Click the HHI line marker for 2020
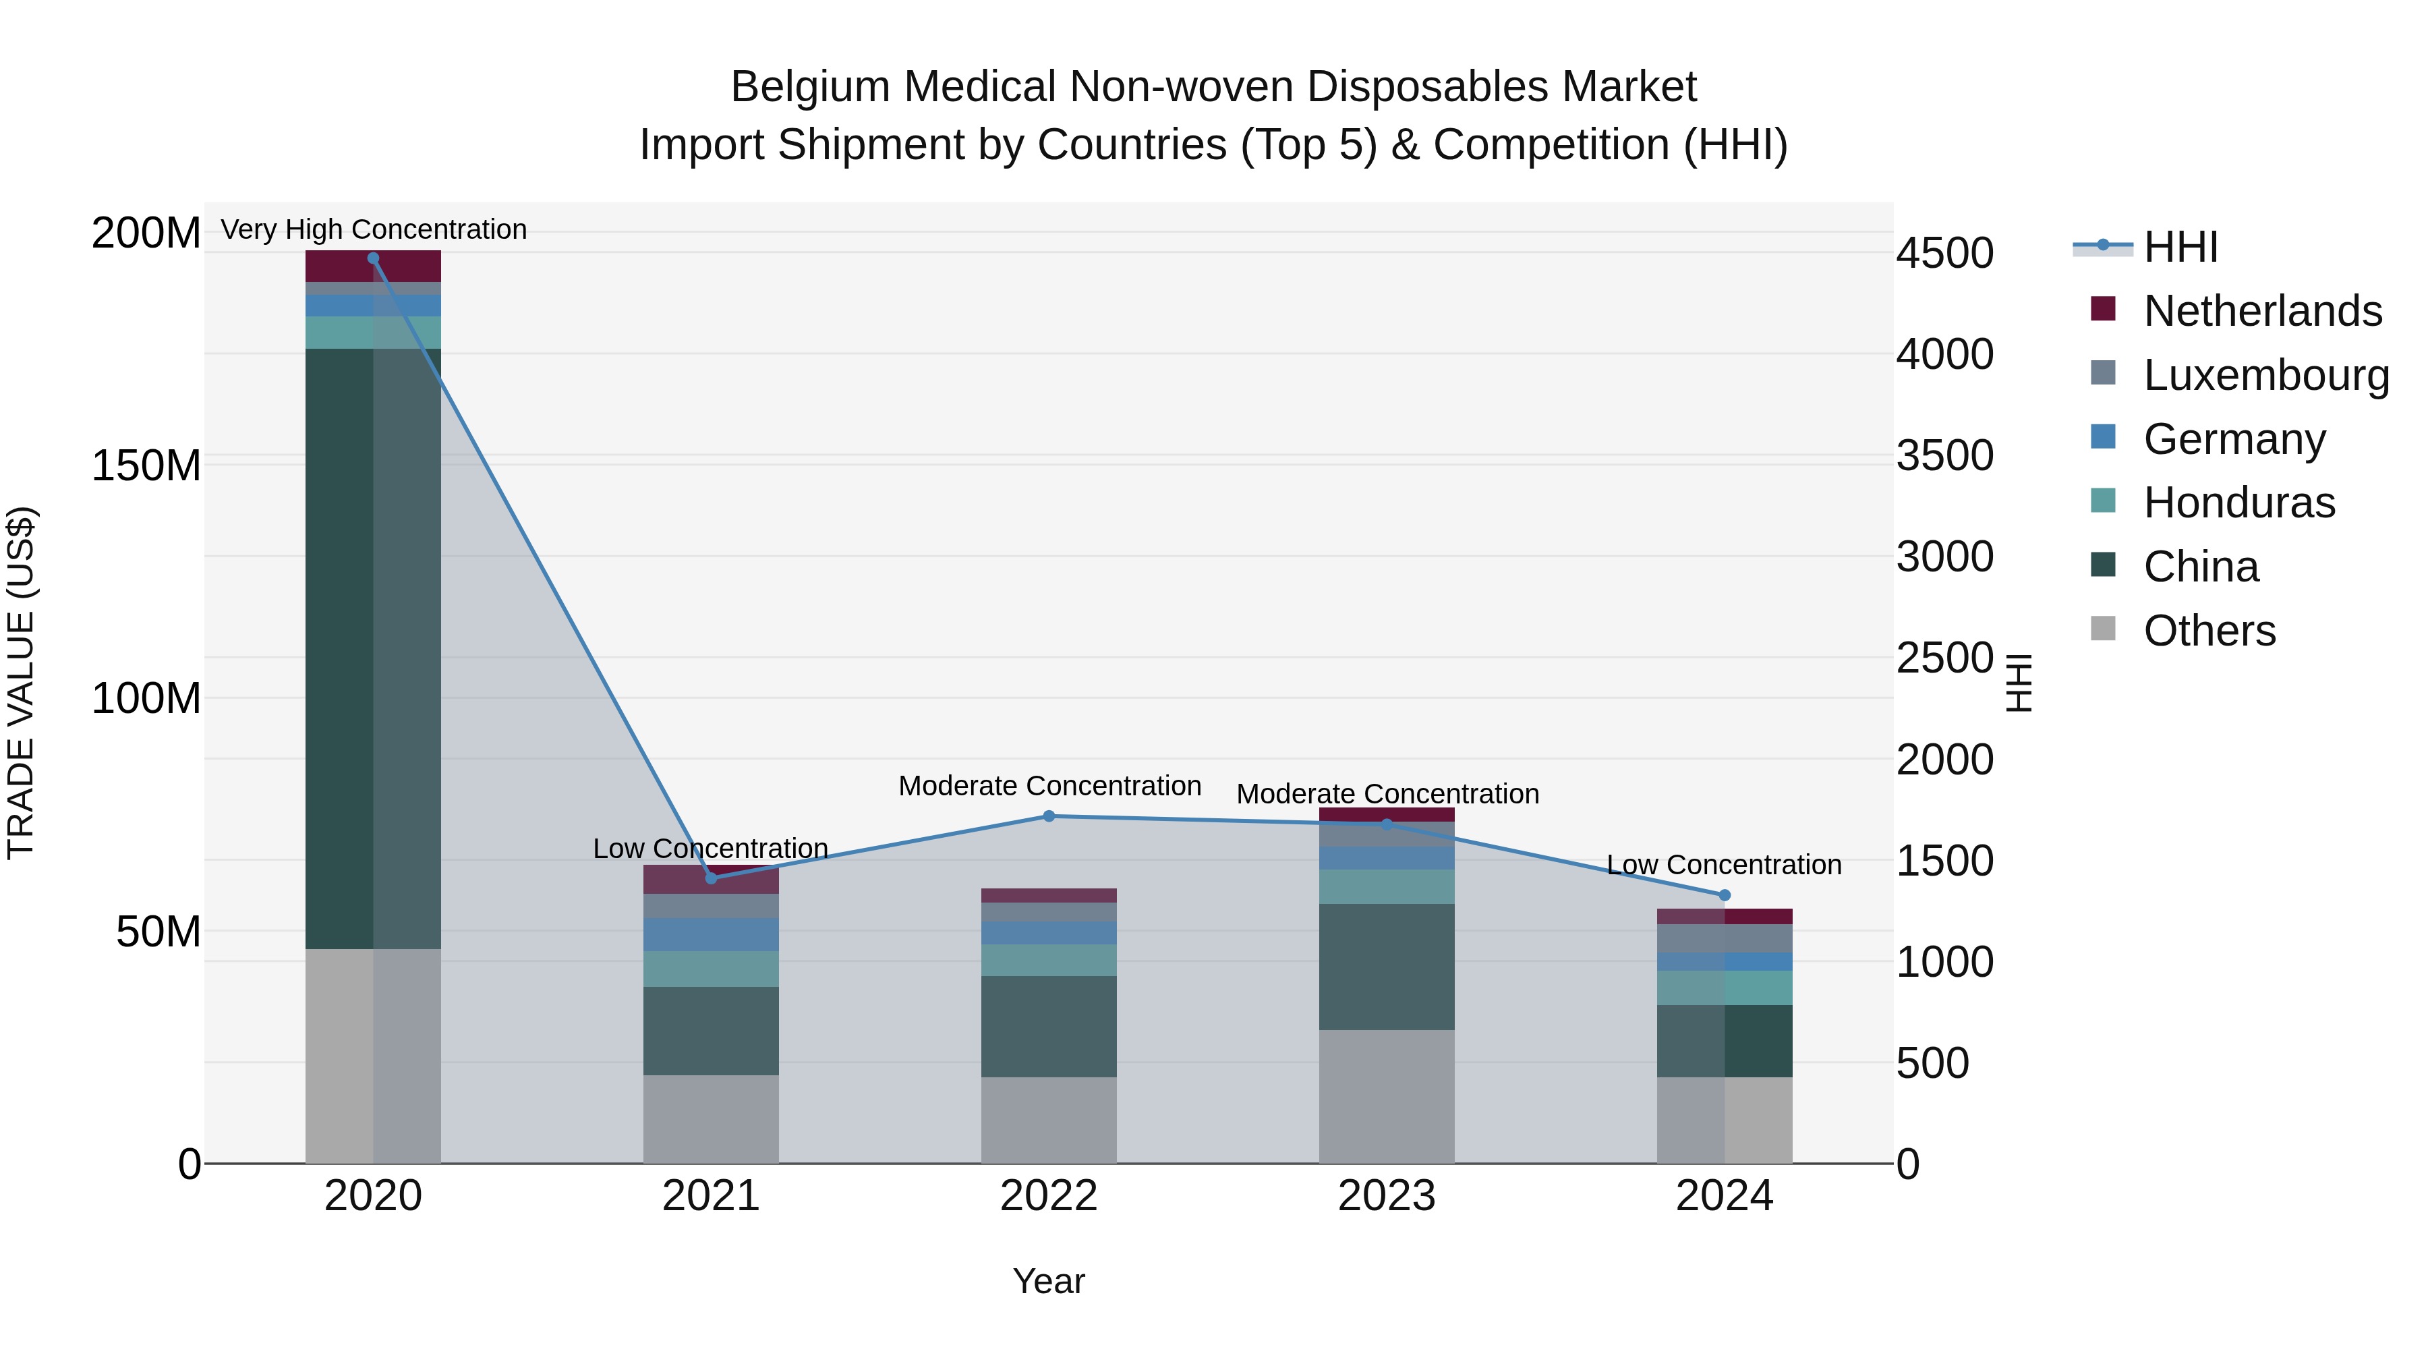[373, 258]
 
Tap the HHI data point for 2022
[1049, 816]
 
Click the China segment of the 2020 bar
[373, 648]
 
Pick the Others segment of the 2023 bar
[1387, 1096]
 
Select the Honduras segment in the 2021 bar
[711, 969]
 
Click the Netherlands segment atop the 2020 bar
[373, 266]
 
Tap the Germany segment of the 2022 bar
[1049, 934]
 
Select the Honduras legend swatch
[2103, 501]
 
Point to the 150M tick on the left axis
[146, 465]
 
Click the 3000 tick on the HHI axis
[1945, 557]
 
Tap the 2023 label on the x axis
[1387, 1196]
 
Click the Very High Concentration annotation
[373, 229]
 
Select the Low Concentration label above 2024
[1724, 865]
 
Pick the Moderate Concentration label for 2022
[1049, 785]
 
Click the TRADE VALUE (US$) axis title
[21, 683]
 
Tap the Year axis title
[1048, 1281]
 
